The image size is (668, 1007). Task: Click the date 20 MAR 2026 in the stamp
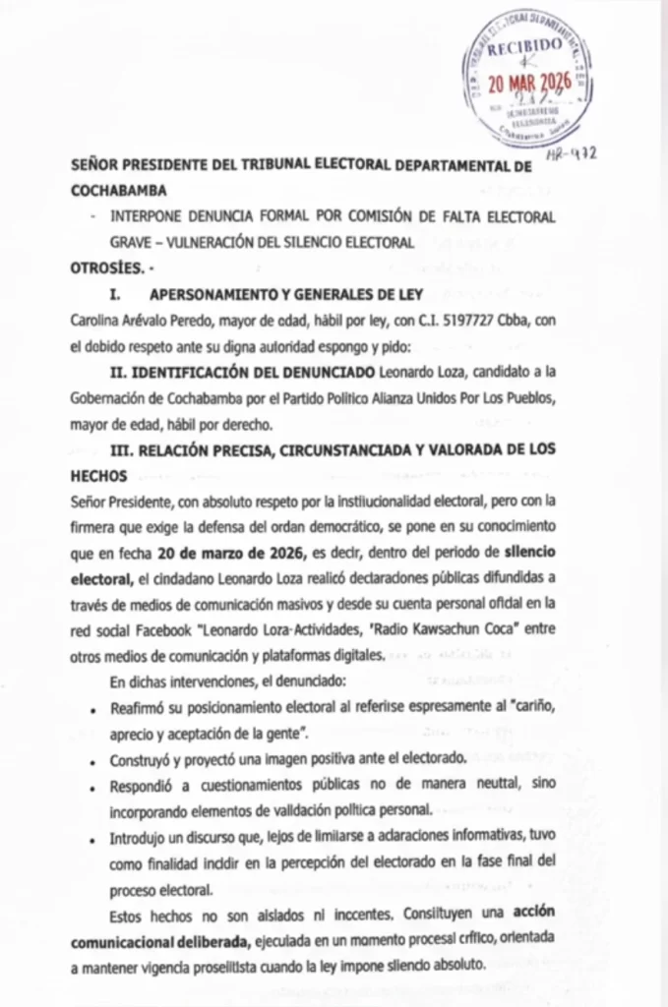click(x=527, y=84)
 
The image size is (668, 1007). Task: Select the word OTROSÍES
click(x=106, y=267)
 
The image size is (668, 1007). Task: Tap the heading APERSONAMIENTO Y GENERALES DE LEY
click(x=285, y=294)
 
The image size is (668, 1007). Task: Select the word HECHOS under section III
click(x=98, y=474)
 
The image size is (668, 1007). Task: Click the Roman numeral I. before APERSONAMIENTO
click(x=114, y=294)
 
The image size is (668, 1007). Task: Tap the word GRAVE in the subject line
click(x=133, y=241)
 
